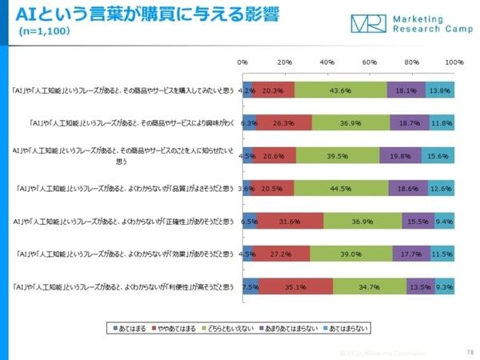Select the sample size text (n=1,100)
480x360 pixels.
click(46, 33)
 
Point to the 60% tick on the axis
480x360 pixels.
click(370, 62)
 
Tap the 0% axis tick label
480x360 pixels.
click(243, 62)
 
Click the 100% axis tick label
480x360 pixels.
click(453, 62)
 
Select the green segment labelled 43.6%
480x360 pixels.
click(341, 90)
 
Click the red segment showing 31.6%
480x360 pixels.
click(290, 221)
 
